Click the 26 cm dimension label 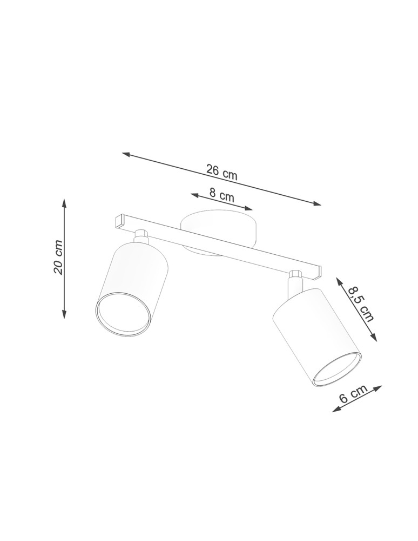pos(222,172)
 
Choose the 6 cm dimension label pos(353,394)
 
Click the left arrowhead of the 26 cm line pos(126,155)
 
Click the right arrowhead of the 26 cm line pos(317,203)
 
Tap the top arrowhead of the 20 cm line pos(64,203)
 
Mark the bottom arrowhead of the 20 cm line pos(64,314)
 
